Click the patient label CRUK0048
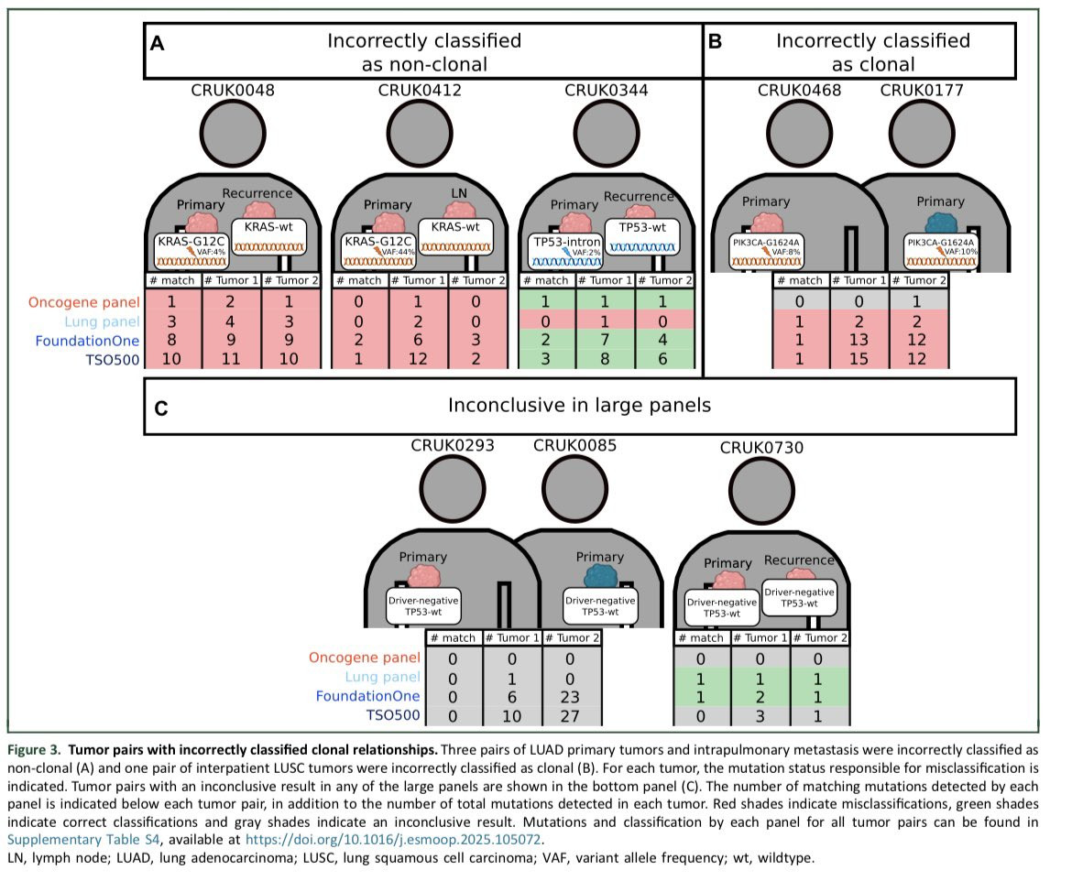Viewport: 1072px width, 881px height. pos(233,90)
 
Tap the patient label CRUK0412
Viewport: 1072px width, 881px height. pos(420,90)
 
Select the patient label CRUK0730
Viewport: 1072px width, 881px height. pos(761,448)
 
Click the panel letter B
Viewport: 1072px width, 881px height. pos(716,41)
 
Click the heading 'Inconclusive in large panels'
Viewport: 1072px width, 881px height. pos(579,405)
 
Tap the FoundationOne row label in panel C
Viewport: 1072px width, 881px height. pos(368,696)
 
